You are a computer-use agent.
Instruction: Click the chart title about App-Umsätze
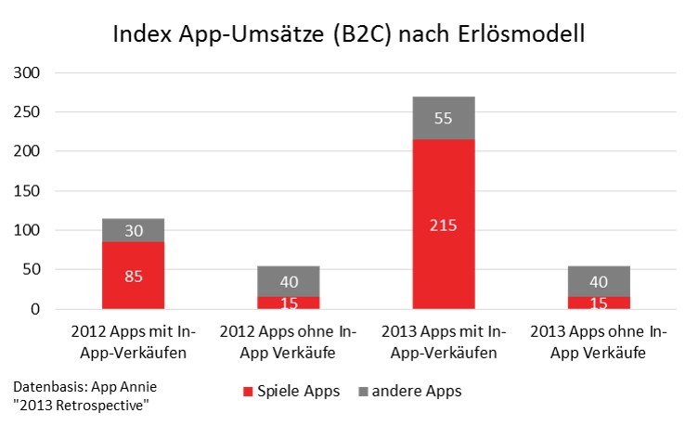coord(349,34)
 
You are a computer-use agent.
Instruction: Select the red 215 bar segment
coord(444,225)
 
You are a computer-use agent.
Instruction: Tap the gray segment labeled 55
coord(444,118)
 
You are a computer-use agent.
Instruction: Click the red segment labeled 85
coord(133,276)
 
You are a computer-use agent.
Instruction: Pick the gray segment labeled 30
coord(133,230)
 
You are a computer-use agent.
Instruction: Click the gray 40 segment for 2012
coord(289,281)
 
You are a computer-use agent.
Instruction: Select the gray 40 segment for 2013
coord(599,281)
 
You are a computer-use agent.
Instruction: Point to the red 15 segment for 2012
coord(289,303)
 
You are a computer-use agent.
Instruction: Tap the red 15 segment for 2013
coord(599,303)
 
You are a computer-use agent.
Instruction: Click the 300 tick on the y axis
coord(27,72)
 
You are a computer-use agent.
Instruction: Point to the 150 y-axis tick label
coord(27,191)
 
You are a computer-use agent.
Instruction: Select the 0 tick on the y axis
coord(35,309)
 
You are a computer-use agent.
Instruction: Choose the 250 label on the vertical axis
coord(27,111)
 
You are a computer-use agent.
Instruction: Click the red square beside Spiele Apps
coord(248,392)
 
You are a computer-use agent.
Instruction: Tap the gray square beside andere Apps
coord(363,392)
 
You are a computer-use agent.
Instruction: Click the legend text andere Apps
coord(417,391)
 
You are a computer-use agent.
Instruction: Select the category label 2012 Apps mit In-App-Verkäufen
coord(133,342)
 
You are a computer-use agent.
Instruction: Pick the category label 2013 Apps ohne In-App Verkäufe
coord(599,342)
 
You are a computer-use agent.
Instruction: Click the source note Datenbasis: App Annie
coord(85,386)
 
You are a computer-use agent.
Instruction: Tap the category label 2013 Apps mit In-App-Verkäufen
coord(444,342)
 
